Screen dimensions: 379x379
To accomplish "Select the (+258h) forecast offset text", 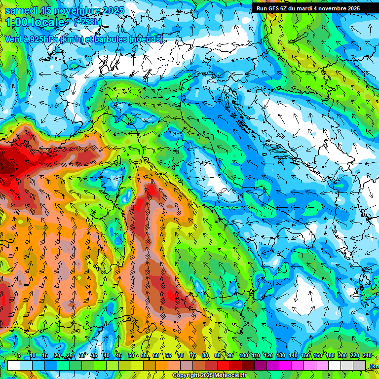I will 87,22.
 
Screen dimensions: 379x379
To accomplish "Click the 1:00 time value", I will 16,22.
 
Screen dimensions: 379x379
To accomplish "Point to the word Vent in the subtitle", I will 14,39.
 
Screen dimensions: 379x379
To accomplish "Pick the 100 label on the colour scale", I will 244,355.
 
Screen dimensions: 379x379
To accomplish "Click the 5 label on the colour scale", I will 19,355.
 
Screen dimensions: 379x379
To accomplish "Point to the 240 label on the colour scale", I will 367,355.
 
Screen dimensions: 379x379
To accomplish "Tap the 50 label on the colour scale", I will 131,355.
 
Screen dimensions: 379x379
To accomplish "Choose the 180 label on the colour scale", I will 329,355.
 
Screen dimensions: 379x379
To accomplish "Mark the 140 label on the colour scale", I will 293,355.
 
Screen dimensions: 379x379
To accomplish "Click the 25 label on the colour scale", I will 70,355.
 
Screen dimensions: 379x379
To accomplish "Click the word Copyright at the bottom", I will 186,376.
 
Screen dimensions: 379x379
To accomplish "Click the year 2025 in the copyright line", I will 208,376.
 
